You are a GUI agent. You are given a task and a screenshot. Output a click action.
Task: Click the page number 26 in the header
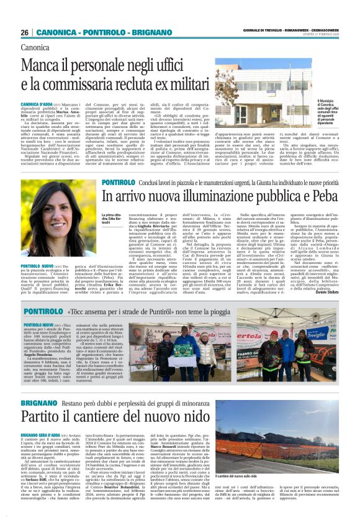25,32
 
